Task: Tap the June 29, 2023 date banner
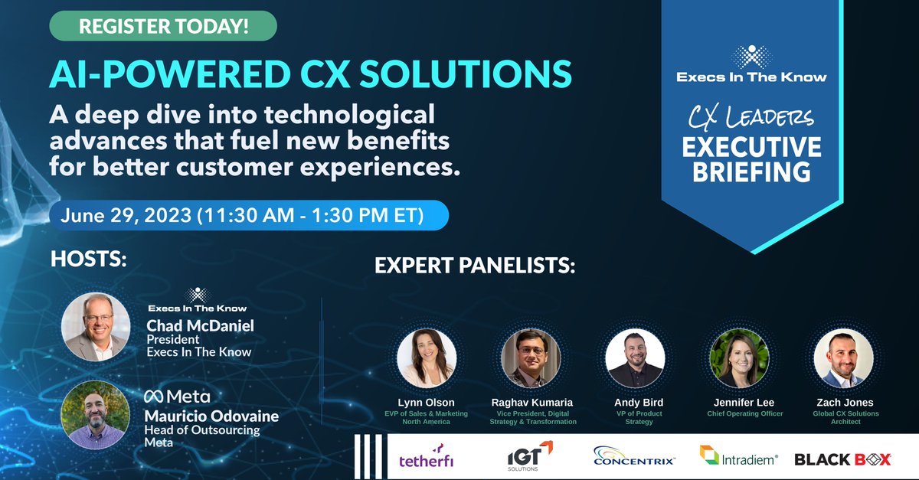pyautogui.click(x=249, y=215)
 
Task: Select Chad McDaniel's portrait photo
pyautogui.click(x=96, y=326)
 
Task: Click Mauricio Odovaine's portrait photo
pyautogui.click(x=96, y=414)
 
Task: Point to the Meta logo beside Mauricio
pyautogui.click(x=177, y=396)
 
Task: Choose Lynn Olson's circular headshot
pyautogui.click(x=427, y=358)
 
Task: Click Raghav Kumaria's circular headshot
pyautogui.click(x=531, y=358)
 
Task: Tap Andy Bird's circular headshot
pyautogui.click(x=635, y=358)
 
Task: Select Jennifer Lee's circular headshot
pyautogui.click(x=739, y=358)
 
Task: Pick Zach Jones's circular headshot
pyautogui.click(x=843, y=358)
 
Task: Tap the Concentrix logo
pyautogui.click(x=634, y=459)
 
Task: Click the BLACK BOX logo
pyautogui.click(x=842, y=459)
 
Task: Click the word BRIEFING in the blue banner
pyautogui.click(x=751, y=171)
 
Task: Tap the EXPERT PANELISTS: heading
pyautogui.click(x=475, y=266)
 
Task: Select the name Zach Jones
pyautogui.click(x=843, y=403)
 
